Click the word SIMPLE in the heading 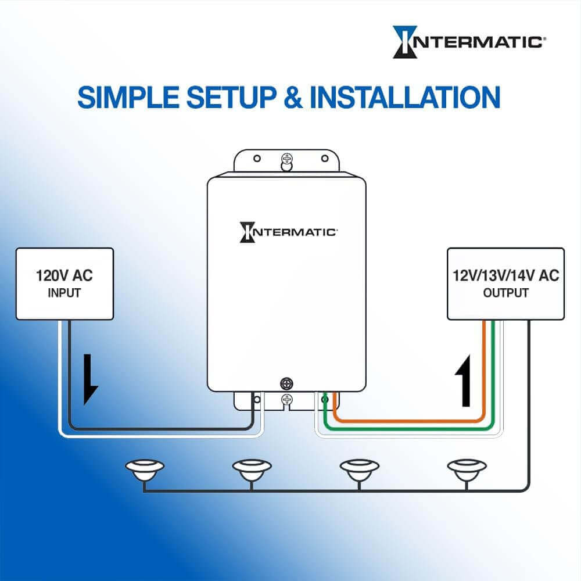128,97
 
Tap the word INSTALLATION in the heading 405,97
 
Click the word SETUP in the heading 231,97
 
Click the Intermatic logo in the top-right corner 469,42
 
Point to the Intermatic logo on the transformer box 288,232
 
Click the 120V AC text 64,275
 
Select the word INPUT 64,293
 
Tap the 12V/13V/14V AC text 506,275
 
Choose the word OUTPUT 506,293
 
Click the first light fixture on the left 145,470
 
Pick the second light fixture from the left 252,470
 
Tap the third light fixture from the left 360,470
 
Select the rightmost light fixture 467,470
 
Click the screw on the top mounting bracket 287,159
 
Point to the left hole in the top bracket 257,159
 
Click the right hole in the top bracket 325,159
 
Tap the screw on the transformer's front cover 287,383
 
